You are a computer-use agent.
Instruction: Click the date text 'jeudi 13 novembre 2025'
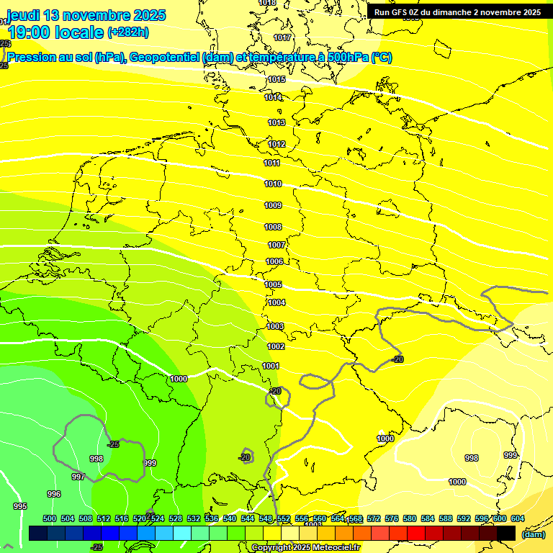coord(86,15)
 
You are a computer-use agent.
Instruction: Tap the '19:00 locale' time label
coord(56,32)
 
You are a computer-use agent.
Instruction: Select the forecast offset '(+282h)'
coord(128,32)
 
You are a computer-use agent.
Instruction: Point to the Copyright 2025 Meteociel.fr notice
coord(306,548)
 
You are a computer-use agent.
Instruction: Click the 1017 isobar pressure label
coord(282,37)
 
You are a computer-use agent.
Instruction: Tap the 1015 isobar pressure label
coord(276,80)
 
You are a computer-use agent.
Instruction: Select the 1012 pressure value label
coord(277,145)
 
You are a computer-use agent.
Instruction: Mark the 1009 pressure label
coord(273,206)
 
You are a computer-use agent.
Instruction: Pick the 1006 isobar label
coord(274,262)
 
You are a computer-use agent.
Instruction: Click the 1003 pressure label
coord(275,326)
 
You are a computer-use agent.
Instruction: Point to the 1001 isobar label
coord(271,366)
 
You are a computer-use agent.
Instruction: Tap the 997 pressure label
coord(78,477)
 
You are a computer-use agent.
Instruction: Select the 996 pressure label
coord(54,494)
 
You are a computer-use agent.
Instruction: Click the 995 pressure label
coord(20,507)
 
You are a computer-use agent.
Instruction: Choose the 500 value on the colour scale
coord(50,519)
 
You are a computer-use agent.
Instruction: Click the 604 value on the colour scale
coord(517,519)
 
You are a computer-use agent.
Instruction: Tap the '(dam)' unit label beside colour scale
coord(533,534)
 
